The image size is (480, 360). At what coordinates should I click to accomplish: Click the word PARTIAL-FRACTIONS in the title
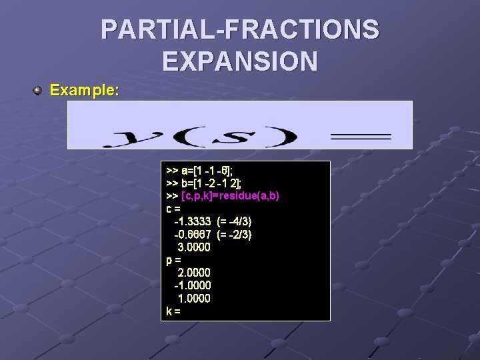click(x=240, y=30)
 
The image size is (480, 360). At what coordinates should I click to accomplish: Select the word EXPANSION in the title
click(x=240, y=61)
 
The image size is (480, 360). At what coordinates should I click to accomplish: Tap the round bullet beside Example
click(x=39, y=90)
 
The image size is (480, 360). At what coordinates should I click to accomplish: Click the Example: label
click(x=85, y=90)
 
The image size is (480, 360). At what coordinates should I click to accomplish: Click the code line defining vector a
click(x=203, y=171)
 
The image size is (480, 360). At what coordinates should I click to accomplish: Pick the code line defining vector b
click(x=203, y=183)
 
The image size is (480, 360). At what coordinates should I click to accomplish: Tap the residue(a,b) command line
click(x=223, y=196)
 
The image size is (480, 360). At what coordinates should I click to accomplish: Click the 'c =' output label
click(x=173, y=209)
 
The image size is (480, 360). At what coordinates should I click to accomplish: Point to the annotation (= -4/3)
click(x=234, y=221)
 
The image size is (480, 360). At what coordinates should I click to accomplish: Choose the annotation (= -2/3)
click(x=234, y=234)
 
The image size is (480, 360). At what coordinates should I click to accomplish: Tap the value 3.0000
click(x=194, y=247)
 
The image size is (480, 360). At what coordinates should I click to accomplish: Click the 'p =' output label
click(x=173, y=259)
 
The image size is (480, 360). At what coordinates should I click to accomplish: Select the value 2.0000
click(x=194, y=272)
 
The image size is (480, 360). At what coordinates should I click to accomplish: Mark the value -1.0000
click(x=192, y=285)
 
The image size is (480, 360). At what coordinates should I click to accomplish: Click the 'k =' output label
click(x=173, y=311)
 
